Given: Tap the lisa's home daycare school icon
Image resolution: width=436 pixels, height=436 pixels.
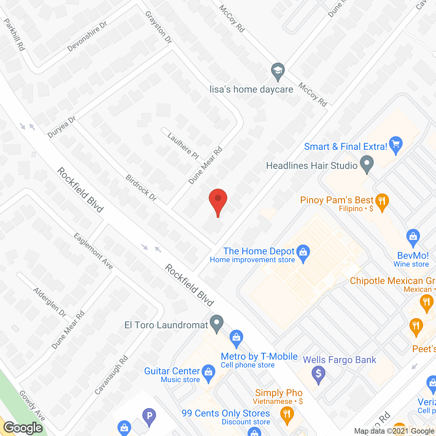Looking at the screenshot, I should coord(278,71).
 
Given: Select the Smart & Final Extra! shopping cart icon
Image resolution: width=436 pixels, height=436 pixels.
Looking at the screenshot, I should coord(395,144).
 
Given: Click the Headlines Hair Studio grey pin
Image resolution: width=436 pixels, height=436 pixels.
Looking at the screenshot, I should coord(367,164).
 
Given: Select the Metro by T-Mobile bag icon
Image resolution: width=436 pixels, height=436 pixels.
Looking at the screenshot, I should coord(236,338).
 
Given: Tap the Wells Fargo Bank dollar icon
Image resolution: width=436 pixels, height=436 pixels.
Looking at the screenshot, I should coord(318,374).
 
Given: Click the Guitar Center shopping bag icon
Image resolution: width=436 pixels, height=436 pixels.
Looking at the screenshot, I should coord(208,372).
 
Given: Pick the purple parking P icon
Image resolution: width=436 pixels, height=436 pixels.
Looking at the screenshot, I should coord(149,417).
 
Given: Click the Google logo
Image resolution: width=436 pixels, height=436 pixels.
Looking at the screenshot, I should coord(23,428).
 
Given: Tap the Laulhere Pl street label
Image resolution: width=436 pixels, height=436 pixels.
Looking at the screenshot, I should coord(183,146).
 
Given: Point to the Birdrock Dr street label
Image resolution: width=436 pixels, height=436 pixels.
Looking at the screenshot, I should coord(141,188).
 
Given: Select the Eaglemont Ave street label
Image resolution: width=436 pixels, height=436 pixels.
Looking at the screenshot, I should coord(93,251).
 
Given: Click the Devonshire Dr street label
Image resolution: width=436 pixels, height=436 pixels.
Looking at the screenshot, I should coord(87,36).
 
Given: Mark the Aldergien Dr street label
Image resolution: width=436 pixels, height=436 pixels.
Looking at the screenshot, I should coord(50,302).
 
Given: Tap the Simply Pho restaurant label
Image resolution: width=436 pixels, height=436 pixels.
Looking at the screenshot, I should coord(279,393).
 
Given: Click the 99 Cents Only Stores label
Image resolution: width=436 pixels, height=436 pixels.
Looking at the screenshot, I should coord(225,414).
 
